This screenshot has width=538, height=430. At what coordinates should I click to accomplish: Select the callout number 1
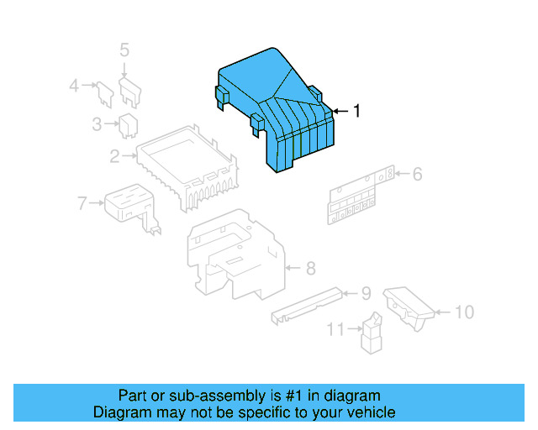click(356, 111)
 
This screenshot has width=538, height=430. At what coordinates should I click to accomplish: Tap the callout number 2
click(114, 155)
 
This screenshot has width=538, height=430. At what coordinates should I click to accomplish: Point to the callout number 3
click(98, 124)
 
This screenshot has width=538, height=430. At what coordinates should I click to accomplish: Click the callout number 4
click(74, 85)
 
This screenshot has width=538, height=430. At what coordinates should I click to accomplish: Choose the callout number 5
click(124, 50)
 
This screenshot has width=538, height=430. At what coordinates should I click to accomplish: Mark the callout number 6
click(417, 175)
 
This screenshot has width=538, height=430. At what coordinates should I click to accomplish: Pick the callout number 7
click(82, 202)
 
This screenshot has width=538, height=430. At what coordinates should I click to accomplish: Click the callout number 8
click(310, 269)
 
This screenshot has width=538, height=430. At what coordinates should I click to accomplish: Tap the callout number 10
click(464, 312)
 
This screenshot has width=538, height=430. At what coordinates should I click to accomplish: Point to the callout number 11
click(335, 330)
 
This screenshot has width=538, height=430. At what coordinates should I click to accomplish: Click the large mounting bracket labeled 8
click(235, 256)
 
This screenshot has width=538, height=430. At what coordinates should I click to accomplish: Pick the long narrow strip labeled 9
click(307, 304)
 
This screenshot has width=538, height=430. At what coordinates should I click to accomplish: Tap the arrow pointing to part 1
click(338, 111)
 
